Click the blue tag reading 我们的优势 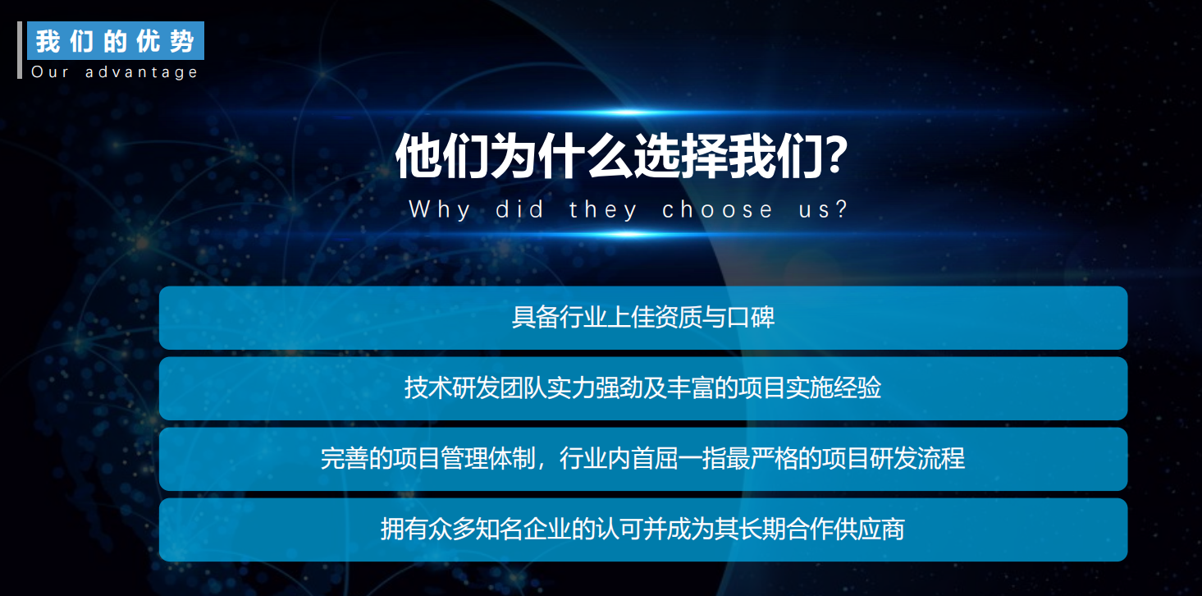click(115, 41)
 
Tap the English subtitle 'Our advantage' click(115, 72)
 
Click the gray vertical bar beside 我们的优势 click(20, 50)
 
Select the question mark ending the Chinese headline click(834, 156)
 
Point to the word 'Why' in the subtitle click(440, 209)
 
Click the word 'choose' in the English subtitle click(718, 209)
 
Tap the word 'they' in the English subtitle click(604, 209)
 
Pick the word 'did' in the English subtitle click(520, 209)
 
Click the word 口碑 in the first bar click(756, 318)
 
